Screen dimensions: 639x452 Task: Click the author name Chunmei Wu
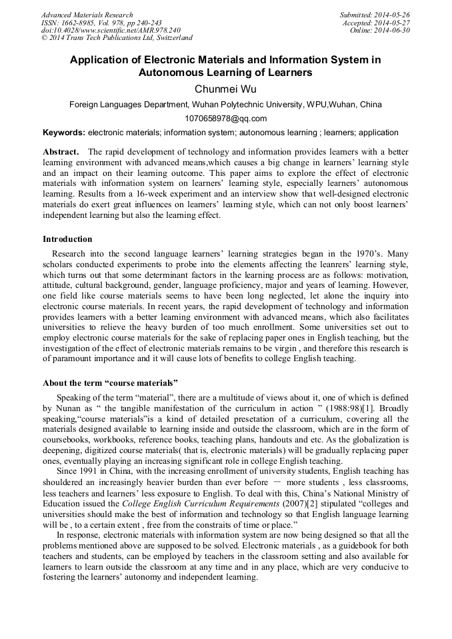226,89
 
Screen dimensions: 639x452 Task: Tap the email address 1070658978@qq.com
225,119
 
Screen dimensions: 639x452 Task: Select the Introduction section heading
67,239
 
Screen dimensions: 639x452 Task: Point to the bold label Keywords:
64,133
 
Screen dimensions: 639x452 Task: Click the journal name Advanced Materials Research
87,15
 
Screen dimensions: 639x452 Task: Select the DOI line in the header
111,31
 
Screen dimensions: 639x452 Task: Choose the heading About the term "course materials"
111,383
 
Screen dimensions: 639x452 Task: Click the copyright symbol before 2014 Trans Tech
44,39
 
